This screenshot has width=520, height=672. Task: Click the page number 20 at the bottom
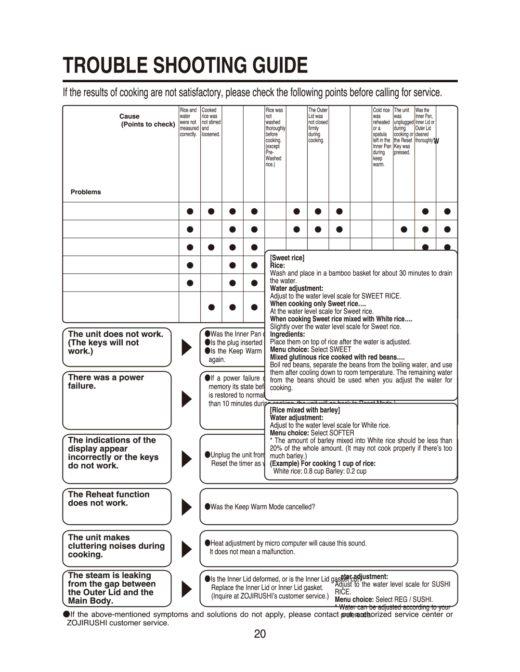pyautogui.click(x=260, y=634)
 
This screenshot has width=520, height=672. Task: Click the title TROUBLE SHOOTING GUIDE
pyautogui.click(x=185, y=65)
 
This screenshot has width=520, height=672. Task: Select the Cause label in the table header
pyautogui.click(x=130, y=116)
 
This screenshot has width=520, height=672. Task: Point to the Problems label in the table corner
pyautogui.click(x=86, y=192)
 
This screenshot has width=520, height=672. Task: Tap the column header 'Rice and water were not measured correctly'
pyautogui.click(x=189, y=123)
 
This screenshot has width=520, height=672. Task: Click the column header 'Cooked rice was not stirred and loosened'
pyautogui.click(x=211, y=123)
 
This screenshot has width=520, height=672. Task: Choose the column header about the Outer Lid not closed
pyautogui.click(x=318, y=126)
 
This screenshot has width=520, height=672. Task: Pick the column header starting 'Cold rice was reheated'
pyautogui.click(x=381, y=138)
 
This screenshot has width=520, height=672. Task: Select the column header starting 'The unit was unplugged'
pyautogui.click(x=403, y=131)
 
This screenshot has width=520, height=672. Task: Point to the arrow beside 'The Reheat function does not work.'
pyautogui.click(x=186, y=507)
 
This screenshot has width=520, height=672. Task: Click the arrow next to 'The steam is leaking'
pyautogui.click(x=186, y=588)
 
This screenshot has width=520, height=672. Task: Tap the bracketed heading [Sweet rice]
pyautogui.click(x=287, y=258)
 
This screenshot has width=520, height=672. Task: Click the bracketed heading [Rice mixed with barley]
pyautogui.click(x=305, y=410)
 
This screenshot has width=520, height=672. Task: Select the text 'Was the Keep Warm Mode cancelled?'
pyautogui.click(x=262, y=507)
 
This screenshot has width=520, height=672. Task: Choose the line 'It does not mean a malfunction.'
pyautogui.click(x=252, y=552)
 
